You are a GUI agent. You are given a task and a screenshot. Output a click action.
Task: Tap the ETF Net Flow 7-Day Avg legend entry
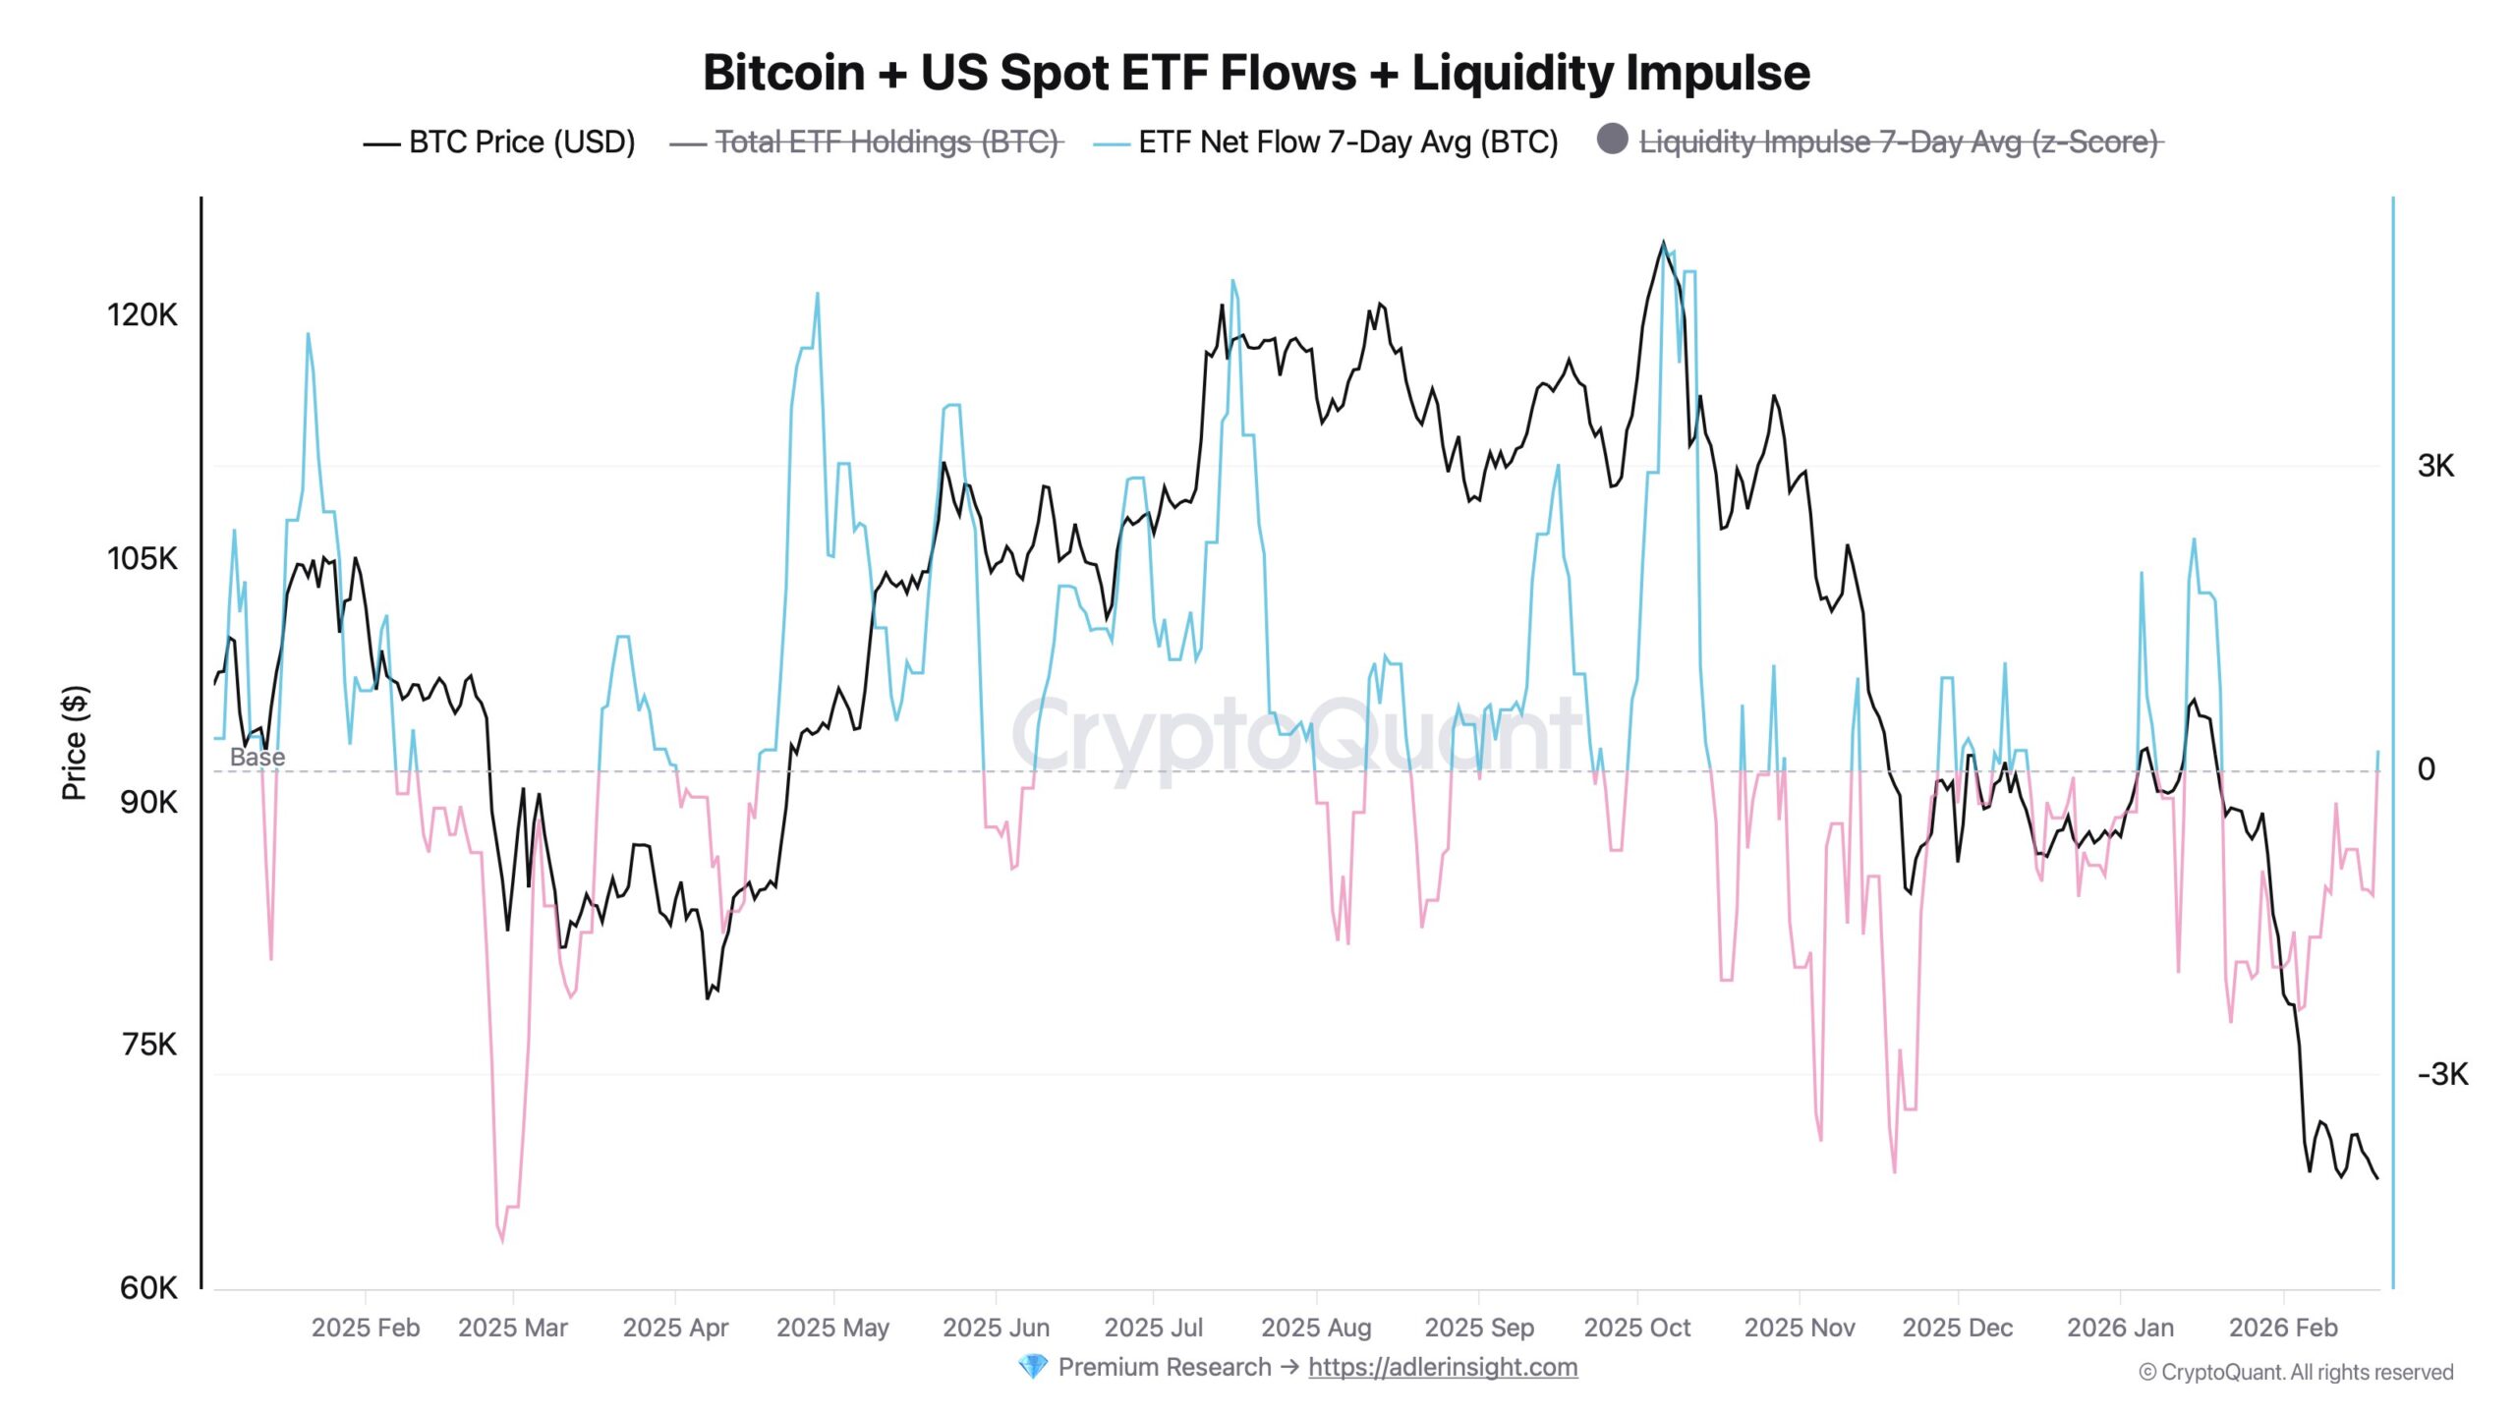pyautogui.click(x=1347, y=142)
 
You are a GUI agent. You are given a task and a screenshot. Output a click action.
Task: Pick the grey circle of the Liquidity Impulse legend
pyautogui.click(x=1612, y=139)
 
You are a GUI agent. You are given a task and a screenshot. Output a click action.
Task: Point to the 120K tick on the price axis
pyautogui.click(x=143, y=314)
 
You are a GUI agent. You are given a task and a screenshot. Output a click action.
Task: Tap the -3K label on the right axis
pyautogui.click(x=2442, y=1074)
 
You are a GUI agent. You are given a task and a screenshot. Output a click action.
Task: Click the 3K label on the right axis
pyautogui.click(x=2435, y=466)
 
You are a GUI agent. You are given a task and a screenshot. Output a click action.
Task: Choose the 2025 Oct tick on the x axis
pyautogui.click(x=1637, y=1328)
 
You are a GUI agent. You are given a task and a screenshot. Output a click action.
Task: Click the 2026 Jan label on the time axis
pyautogui.click(x=2120, y=1328)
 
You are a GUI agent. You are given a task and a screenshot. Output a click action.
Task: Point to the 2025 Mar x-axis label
pyautogui.click(x=513, y=1328)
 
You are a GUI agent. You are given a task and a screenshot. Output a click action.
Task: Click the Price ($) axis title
pyautogui.click(x=74, y=743)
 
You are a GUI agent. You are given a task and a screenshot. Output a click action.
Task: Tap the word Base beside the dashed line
pyautogui.click(x=257, y=757)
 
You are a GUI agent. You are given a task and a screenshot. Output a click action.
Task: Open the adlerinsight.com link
pyautogui.click(x=1443, y=1367)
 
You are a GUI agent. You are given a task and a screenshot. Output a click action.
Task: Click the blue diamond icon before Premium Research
pyautogui.click(x=1032, y=1367)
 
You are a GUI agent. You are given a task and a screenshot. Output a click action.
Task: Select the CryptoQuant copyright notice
pyautogui.click(x=2296, y=1372)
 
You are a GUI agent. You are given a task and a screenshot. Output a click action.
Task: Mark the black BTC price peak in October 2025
pyautogui.click(x=1663, y=242)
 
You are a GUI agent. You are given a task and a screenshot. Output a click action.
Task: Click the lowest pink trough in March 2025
pyautogui.click(x=502, y=1240)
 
